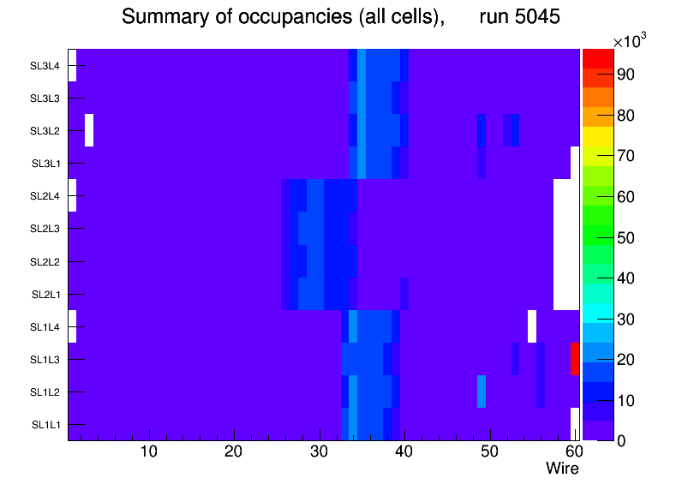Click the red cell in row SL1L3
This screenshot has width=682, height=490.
575,359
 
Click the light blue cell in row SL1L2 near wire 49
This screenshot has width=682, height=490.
481,391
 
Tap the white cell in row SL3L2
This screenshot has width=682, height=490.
89,130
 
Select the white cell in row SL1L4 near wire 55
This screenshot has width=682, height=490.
532,326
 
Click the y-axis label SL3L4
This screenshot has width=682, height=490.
45,66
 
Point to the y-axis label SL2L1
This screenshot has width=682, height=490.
45,295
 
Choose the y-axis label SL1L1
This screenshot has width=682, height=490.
45,425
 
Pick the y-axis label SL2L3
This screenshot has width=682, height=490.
45,229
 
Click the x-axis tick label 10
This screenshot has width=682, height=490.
149,451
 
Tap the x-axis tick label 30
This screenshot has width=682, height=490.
320,451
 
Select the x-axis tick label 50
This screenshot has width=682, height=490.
490,451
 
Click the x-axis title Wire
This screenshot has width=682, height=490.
562,469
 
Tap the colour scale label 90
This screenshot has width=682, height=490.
626,75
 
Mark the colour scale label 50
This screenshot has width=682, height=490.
626,238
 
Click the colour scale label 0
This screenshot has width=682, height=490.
621,441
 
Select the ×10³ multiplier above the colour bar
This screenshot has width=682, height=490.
630,41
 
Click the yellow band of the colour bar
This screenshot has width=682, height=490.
598,136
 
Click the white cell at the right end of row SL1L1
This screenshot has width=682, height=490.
575,424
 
